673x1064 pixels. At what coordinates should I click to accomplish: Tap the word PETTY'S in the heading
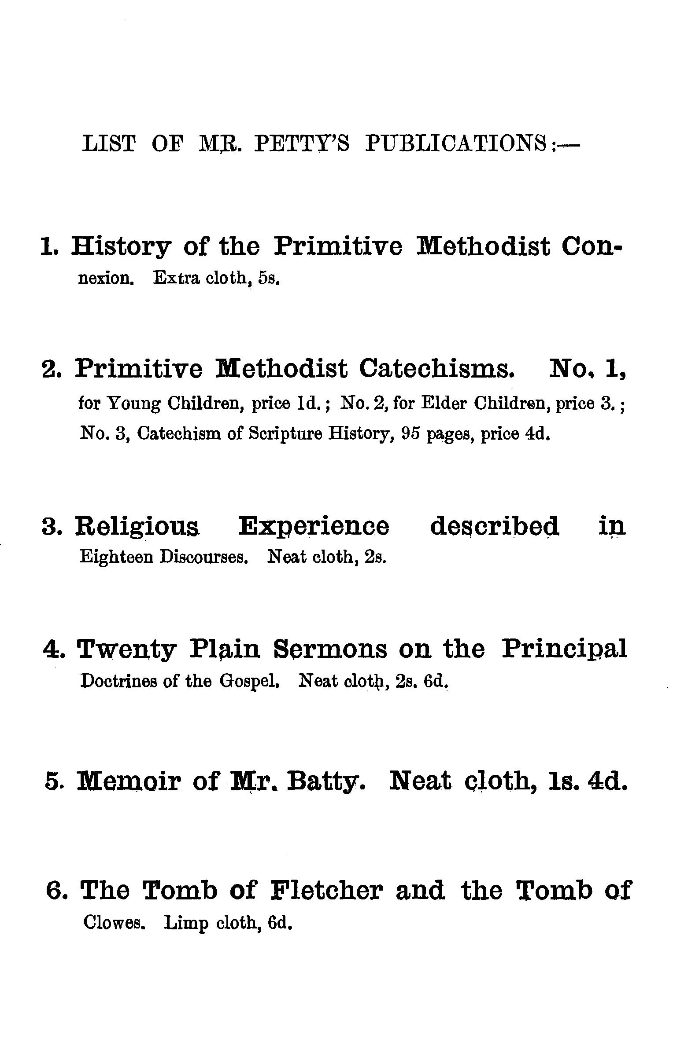302,143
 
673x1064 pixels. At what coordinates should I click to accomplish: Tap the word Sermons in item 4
330,649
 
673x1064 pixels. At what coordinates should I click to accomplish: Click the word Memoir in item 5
129,781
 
